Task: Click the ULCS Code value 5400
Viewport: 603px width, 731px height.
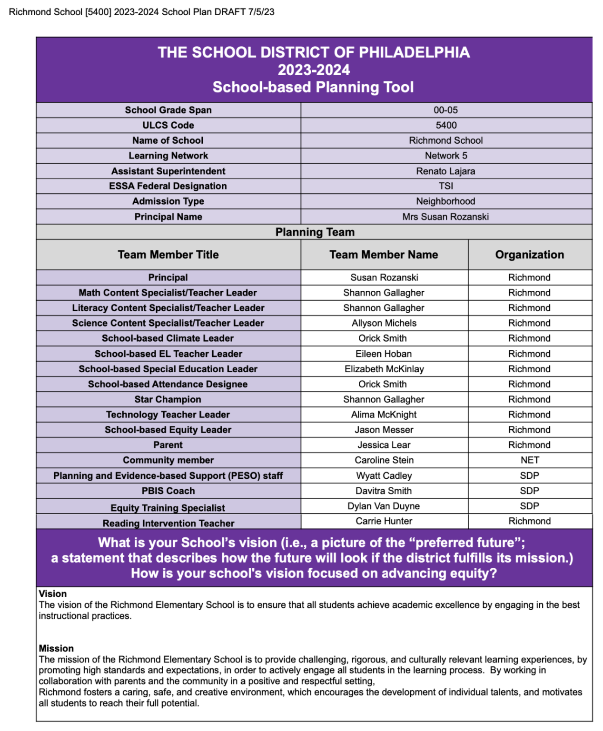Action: (446, 125)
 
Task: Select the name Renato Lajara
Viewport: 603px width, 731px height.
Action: (445, 171)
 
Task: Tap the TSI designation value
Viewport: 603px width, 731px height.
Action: (446, 186)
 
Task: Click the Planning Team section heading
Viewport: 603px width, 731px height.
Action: (315, 232)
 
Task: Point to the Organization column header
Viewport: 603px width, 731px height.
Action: (529, 255)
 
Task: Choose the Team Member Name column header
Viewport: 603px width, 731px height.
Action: (384, 255)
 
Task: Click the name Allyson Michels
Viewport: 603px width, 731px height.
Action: (384, 323)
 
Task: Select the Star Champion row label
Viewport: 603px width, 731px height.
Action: (168, 399)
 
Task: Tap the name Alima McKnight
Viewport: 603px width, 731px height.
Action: (384, 415)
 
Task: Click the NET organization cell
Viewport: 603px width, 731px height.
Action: (530, 460)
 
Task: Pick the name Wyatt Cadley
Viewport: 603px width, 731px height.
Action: (384, 475)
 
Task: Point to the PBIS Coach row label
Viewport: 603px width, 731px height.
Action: (168, 491)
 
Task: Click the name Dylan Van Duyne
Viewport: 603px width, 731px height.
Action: (384, 506)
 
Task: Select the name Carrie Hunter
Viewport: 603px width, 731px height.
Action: (384, 521)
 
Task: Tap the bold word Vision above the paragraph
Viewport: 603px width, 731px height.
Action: (53, 593)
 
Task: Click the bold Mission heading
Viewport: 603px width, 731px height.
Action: (56, 648)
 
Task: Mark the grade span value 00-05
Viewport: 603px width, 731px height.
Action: (445, 110)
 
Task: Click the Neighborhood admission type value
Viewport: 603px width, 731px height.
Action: (445, 201)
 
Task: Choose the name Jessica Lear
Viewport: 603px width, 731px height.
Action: (384, 445)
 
